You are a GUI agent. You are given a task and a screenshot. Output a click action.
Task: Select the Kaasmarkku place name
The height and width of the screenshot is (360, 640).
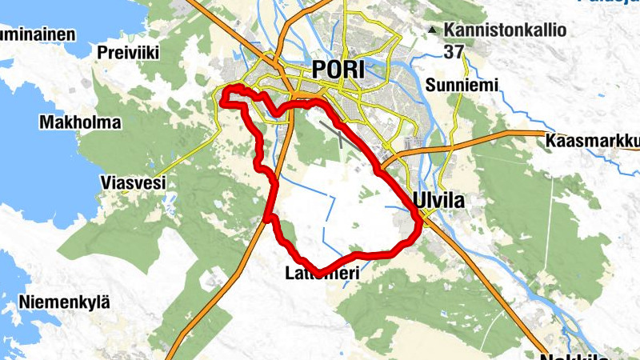click(593, 142)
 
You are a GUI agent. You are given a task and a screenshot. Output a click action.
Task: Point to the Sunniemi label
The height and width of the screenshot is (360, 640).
click(462, 85)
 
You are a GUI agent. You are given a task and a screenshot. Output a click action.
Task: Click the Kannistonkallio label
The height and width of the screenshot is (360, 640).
click(506, 30)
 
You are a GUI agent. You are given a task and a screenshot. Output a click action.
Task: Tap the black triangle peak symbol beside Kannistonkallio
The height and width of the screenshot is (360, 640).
click(433, 30)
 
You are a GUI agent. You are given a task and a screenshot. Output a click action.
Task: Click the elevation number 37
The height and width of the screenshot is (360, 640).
click(453, 52)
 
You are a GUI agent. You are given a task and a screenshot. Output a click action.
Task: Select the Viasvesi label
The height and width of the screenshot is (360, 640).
click(133, 182)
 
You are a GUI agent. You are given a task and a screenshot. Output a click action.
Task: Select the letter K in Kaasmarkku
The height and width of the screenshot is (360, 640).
click(551, 142)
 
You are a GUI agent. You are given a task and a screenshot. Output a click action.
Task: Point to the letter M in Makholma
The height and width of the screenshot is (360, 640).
click(46, 123)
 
